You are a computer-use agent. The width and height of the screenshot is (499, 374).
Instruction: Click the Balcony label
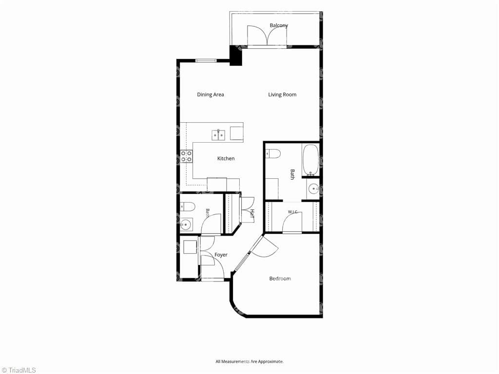pyautogui.click(x=279, y=25)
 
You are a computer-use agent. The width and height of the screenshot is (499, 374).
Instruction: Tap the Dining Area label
pyautogui.click(x=211, y=94)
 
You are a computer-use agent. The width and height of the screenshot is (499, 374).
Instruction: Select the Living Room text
pyautogui.click(x=282, y=94)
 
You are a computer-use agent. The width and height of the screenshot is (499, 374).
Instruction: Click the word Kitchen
pyautogui.click(x=226, y=158)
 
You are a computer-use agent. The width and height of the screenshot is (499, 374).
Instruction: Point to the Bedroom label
pyautogui.click(x=280, y=279)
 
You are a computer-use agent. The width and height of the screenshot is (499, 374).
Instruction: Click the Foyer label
pyautogui.click(x=221, y=255)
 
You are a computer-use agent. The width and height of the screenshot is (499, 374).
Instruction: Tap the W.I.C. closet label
pyautogui.click(x=293, y=212)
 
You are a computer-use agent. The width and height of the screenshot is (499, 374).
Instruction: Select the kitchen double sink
pyautogui.click(x=219, y=135)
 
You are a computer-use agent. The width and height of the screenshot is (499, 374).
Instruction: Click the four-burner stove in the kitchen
pyautogui.click(x=186, y=156)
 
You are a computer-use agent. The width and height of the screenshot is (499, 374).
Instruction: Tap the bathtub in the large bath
pyautogui.click(x=310, y=160)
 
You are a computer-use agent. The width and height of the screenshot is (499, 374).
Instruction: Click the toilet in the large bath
pyautogui.click(x=273, y=153)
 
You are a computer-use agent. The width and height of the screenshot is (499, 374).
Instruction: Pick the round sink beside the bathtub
pyautogui.click(x=313, y=189)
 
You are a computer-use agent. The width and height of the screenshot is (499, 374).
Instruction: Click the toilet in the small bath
pyautogui.click(x=187, y=207)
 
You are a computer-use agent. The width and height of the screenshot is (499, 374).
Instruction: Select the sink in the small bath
pyautogui.click(x=186, y=225)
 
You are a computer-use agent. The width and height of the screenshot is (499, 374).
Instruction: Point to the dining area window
pyautogui.click(x=206, y=60)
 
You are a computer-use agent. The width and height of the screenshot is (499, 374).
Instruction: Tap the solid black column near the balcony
pyautogui.click(x=236, y=56)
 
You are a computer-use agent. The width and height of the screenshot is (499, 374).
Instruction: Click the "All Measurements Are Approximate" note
pyautogui.click(x=249, y=361)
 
